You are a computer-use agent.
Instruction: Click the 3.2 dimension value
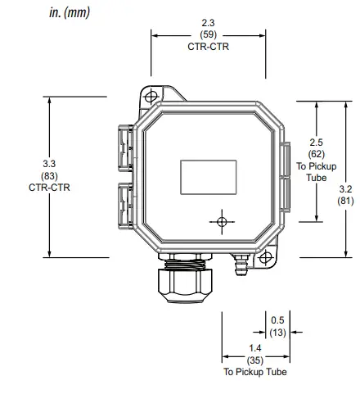(348, 188)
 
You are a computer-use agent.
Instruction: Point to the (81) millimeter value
(348, 200)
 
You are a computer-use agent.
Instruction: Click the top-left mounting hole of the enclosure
(150, 97)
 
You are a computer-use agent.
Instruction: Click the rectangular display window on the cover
(208, 174)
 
